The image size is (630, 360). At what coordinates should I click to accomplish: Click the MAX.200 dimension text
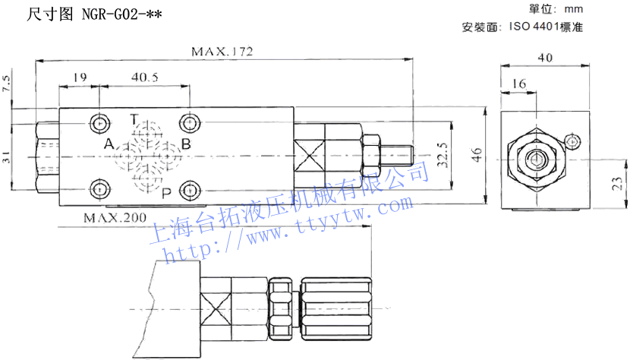[x=115, y=218]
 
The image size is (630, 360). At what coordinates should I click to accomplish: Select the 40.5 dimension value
[x=144, y=77]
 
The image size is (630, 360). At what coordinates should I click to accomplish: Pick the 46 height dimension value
[x=477, y=156]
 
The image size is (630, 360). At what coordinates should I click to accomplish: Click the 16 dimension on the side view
[x=519, y=84]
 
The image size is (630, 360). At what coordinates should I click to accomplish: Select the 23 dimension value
[x=618, y=183]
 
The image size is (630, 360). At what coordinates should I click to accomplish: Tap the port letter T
[x=133, y=119]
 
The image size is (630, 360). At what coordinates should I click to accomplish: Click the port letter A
[x=109, y=144]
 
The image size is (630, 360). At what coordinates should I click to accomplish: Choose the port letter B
[x=186, y=144]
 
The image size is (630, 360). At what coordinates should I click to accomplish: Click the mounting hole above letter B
[x=188, y=122]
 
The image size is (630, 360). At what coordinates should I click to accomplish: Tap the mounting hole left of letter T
[x=99, y=122]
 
